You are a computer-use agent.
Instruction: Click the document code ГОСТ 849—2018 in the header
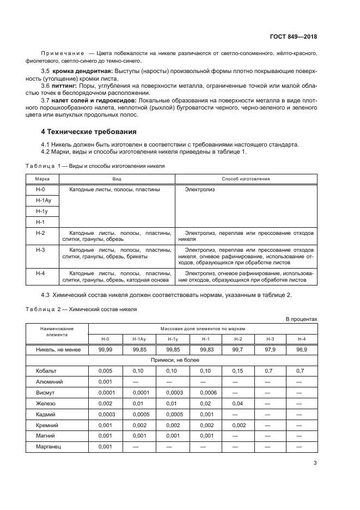(293, 37)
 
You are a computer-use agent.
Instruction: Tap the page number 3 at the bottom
(315, 463)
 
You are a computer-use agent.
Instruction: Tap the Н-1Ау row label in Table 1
(43, 200)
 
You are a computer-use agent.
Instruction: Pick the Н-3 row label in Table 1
(40, 250)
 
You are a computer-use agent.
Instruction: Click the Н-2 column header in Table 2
(238, 339)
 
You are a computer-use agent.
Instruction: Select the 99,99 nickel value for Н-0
(105, 350)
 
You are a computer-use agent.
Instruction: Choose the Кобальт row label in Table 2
(46, 371)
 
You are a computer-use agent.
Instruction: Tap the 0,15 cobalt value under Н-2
(238, 371)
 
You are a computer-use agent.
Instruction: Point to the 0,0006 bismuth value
(208, 392)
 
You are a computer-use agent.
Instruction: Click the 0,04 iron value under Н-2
(238, 403)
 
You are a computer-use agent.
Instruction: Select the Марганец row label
(48, 446)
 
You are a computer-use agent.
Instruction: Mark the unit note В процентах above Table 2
(301, 319)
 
